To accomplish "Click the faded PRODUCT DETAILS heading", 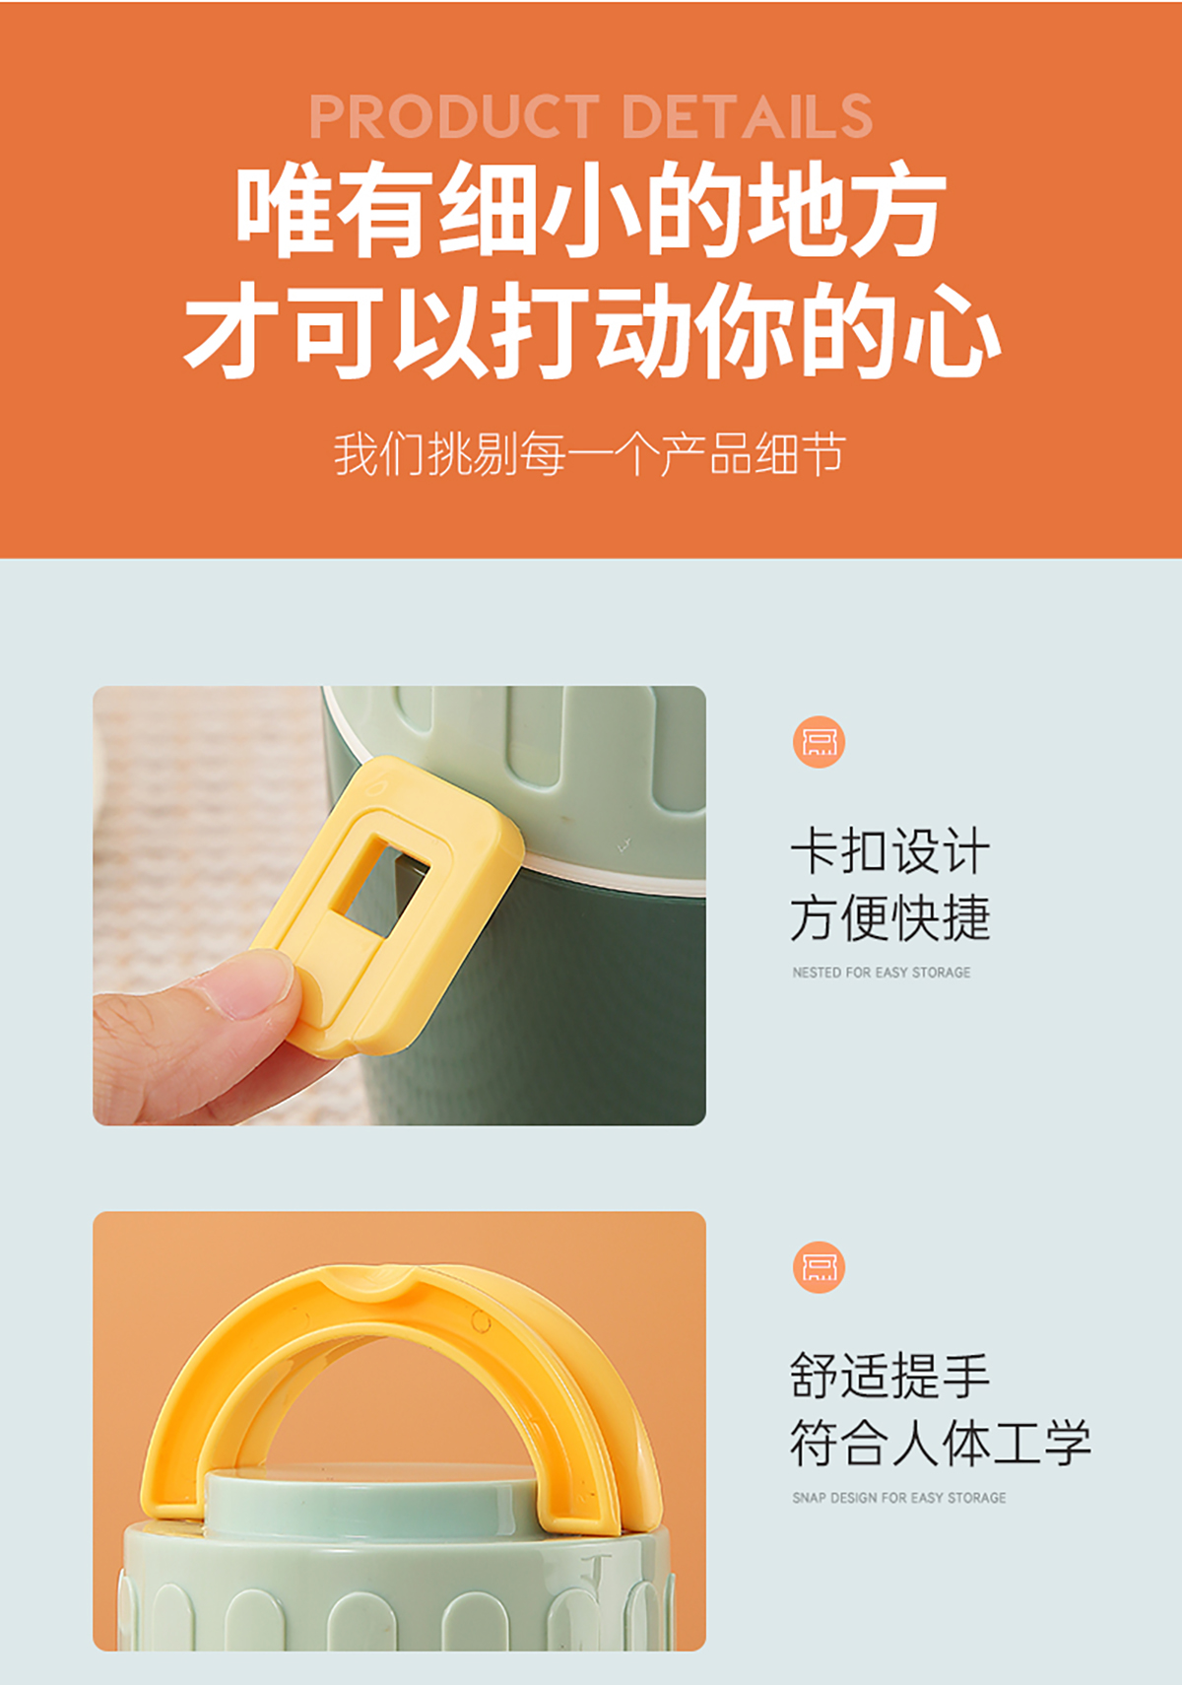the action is [591, 116].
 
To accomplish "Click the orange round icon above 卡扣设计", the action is [819, 742].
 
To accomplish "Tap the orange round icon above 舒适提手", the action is [819, 1267].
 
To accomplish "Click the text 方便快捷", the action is [890, 917].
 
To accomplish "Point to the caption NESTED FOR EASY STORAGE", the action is [882, 973].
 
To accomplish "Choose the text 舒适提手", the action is [890, 1376].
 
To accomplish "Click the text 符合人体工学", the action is [941, 1443].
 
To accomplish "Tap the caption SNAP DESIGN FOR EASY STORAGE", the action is [899, 1498].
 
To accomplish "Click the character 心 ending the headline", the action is [952, 331].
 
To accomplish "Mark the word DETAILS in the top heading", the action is [749, 116].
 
